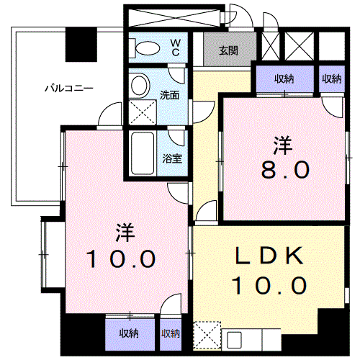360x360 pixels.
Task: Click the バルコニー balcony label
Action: tap(69, 89)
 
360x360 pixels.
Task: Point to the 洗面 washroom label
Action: tap(170, 94)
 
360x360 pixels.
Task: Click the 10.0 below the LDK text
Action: tap(268, 286)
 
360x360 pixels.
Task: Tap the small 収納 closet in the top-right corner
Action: tap(332, 79)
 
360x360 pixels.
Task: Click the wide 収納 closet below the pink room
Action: tap(129, 333)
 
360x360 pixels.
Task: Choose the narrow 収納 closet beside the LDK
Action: tap(171, 333)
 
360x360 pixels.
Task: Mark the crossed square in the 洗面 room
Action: tap(140, 114)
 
